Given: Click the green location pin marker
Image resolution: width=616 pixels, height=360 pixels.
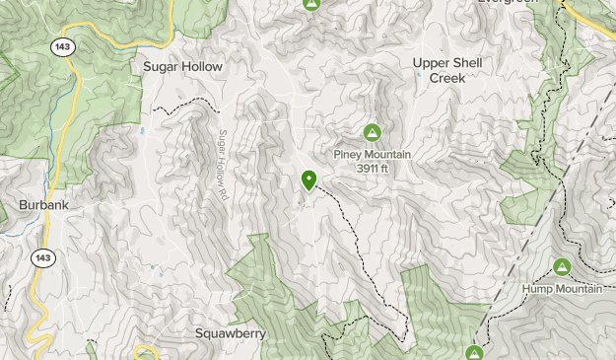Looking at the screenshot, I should [x=309, y=180].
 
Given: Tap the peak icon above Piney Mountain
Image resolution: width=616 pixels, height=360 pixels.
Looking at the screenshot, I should [x=373, y=132].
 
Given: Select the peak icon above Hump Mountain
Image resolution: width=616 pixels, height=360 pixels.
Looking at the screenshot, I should [x=562, y=267].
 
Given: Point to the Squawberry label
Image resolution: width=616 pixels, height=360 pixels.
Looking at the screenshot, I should [x=230, y=333].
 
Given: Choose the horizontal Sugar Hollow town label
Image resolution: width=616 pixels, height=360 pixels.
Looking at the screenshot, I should [x=183, y=66].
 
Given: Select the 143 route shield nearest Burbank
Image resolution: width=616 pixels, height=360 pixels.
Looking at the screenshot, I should [x=42, y=257].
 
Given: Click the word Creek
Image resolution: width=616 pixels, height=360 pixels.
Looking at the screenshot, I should [x=446, y=77].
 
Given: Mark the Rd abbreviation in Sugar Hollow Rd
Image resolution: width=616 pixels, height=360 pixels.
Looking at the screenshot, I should [x=224, y=194].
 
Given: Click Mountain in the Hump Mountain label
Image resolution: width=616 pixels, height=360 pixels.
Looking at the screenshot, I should [x=579, y=289].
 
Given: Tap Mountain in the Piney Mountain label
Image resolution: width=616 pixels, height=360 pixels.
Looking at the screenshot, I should [x=389, y=155].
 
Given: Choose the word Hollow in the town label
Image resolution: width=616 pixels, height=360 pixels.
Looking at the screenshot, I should [x=201, y=66].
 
